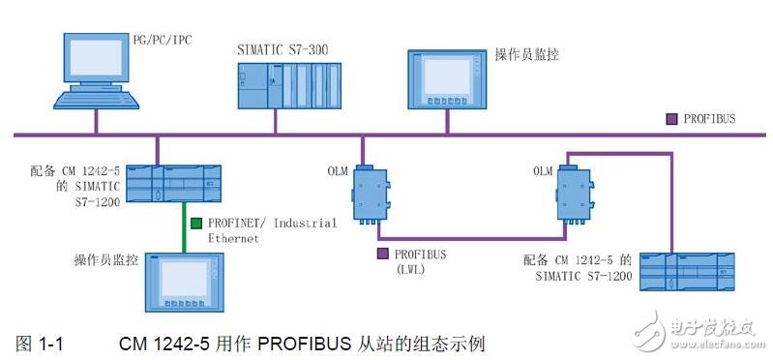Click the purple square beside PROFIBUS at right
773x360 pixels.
point(672,119)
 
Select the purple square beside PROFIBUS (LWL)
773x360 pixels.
point(382,254)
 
